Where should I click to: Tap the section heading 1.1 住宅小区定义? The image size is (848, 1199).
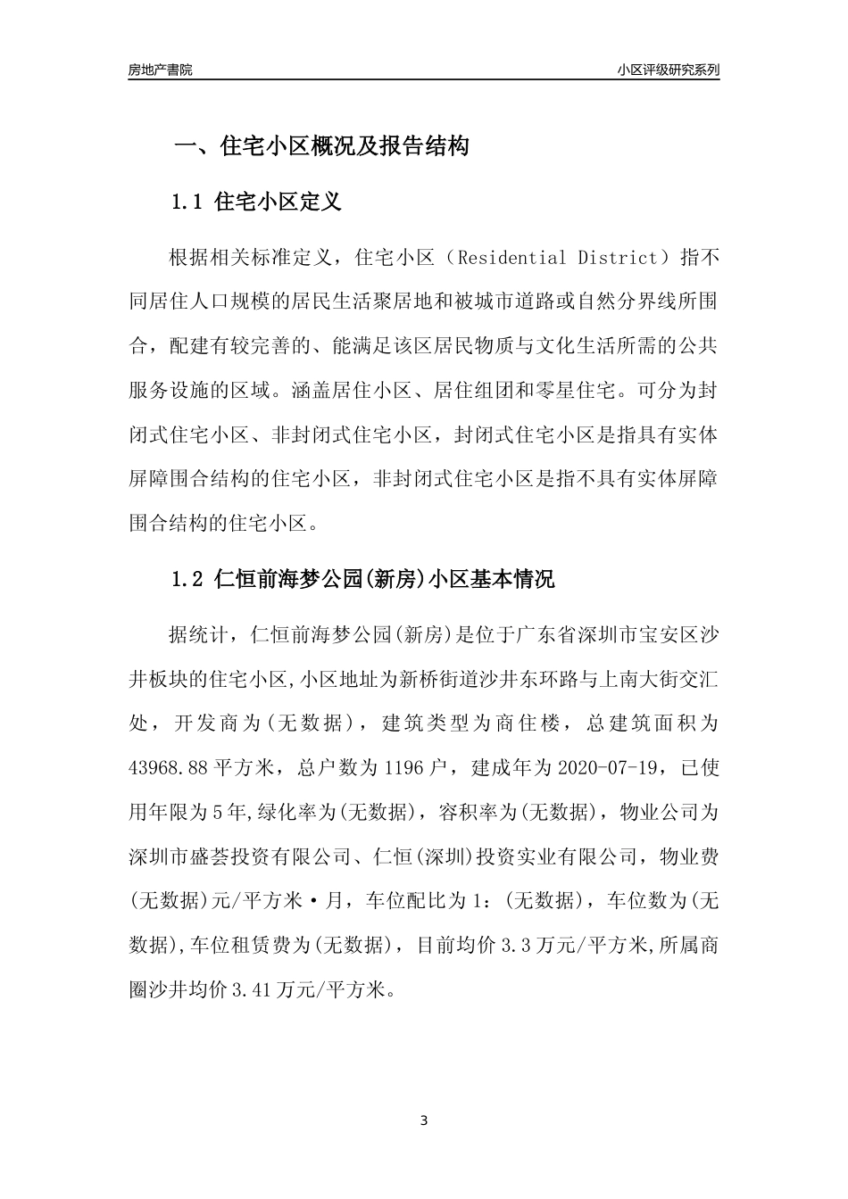pos(256,203)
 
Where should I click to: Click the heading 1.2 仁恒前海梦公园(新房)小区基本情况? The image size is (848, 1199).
pos(362,580)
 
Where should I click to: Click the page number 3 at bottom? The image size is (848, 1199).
pos(424,1120)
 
